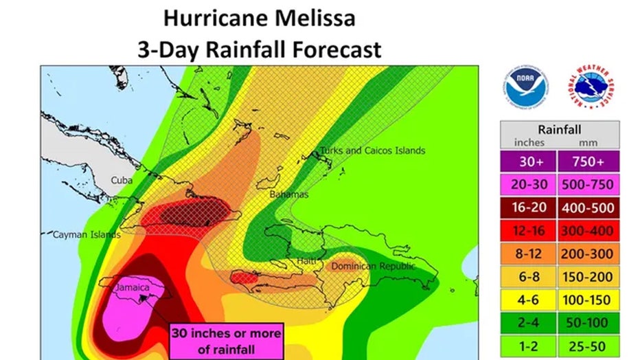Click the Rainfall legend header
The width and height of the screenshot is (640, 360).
point(559,128)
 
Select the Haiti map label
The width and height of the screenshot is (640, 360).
point(307,261)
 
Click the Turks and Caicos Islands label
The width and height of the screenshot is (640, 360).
point(372,150)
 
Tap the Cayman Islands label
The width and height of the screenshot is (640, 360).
point(87,235)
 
